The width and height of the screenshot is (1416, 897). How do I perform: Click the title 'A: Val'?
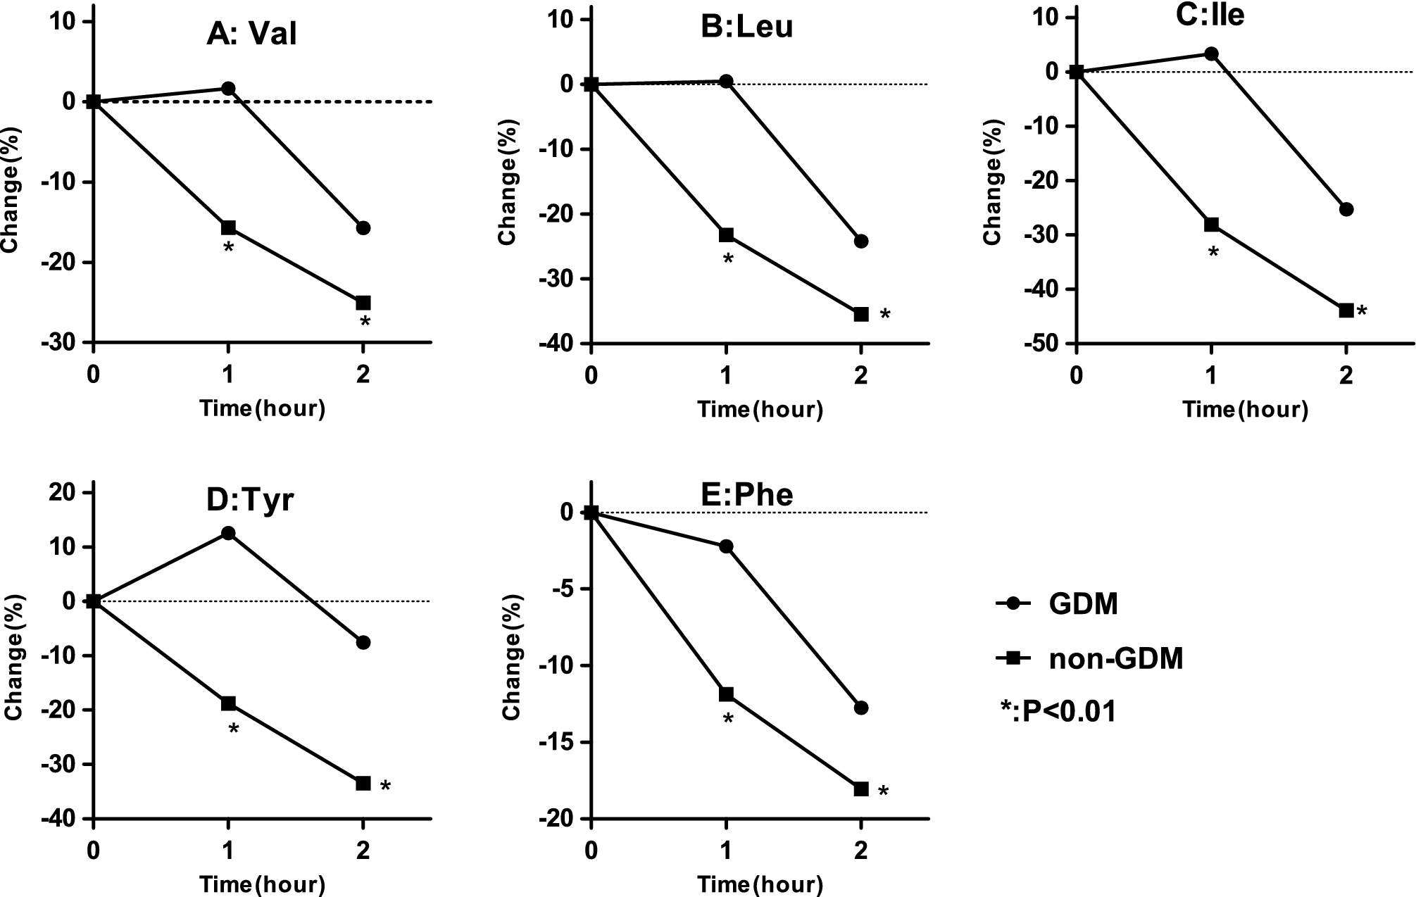tap(251, 34)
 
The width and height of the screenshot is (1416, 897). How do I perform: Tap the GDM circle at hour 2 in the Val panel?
tap(363, 228)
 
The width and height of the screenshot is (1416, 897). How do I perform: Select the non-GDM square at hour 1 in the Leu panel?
tap(726, 234)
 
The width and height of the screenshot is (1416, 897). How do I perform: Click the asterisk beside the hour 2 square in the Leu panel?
tap(885, 315)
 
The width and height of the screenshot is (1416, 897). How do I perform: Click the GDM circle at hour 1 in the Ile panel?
tap(1211, 54)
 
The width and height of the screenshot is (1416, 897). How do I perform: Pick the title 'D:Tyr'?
tap(250, 499)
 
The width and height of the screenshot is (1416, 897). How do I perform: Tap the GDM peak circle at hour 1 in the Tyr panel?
tap(228, 533)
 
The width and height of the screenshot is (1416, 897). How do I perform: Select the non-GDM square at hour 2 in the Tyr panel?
tap(363, 783)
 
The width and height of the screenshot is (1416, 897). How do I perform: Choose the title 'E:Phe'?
tap(748, 495)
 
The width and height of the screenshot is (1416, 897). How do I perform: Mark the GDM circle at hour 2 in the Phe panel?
tap(861, 708)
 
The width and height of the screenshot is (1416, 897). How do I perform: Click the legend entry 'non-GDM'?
tap(1115, 659)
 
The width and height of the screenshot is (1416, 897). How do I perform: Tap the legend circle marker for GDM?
tap(1014, 603)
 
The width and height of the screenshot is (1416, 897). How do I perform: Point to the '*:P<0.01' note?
tap(1058, 713)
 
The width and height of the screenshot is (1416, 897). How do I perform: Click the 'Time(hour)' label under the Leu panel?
tap(760, 409)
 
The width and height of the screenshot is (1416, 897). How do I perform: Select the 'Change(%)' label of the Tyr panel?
tap(15, 657)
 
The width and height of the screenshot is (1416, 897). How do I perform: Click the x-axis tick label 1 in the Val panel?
tap(228, 375)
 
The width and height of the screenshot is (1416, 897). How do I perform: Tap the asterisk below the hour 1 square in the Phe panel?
tap(729, 720)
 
